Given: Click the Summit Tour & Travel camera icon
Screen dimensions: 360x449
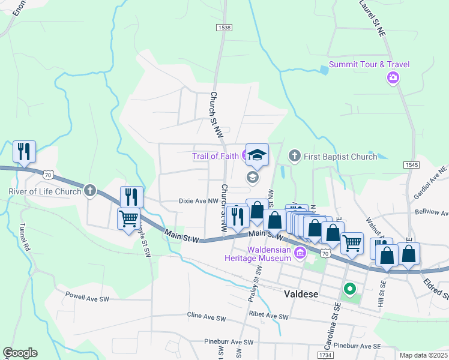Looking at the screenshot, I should pyautogui.click(x=393, y=77).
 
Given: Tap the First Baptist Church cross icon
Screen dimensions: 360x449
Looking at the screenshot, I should pyautogui.click(x=294, y=157).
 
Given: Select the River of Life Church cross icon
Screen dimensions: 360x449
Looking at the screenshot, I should pyautogui.click(x=90, y=191).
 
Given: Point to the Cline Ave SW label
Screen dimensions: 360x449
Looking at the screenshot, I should pyautogui.click(x=206, y=317).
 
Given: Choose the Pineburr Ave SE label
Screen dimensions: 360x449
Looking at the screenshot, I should pyautogui.click(x=357, y=346).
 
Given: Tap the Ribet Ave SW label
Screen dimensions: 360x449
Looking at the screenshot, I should pyautogui.click(x=268, y=316).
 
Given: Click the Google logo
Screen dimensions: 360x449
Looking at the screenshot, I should pyautogui.click(x=20, y=353).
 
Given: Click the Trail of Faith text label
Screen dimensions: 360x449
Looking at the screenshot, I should pyautogui.click(x=215, y=157).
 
